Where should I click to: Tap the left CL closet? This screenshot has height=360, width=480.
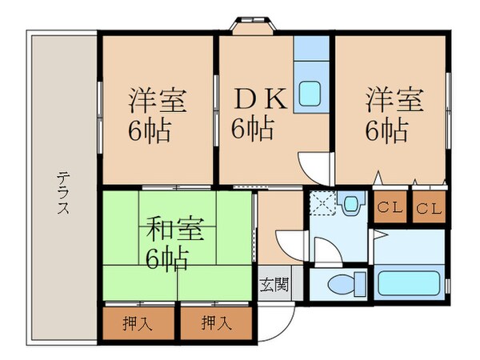pos(389,209)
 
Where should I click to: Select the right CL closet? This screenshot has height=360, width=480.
pos(429,209)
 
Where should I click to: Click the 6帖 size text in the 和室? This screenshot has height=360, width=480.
pos(168,258)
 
